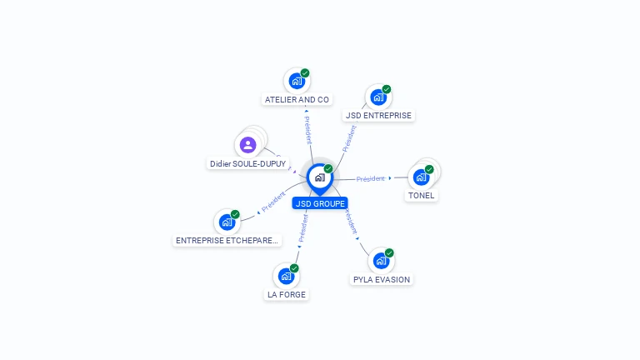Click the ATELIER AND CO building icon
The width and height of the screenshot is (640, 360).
[x=296, y=82]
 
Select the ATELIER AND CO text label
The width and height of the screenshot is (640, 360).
[x=297, y=100]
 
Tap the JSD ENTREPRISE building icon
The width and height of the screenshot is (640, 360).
[x=378, y=97]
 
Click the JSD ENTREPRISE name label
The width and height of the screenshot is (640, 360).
[x=378, y=116]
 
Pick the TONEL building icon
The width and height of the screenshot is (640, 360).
[x=421, y=177]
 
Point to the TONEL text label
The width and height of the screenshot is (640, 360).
[x=421, y=196]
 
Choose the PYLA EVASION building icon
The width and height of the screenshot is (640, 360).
[x=381, y=261]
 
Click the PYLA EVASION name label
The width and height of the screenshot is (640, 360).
[x=382, y=280]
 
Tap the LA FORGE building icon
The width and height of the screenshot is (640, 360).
[x=286, y=276]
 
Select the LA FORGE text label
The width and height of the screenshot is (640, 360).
[x=286, y=295]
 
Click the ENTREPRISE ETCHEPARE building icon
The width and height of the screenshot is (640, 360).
[x=227, y=222]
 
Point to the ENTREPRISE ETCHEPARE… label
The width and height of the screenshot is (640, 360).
[x=227, y=241]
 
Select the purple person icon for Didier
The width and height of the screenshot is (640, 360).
[x=247, y=145]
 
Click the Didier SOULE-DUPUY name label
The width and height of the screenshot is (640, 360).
[x=247, y=164]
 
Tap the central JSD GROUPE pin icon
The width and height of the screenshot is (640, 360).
[x=319, y=177]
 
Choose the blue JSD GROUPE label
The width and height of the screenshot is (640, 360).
[x=320, y=203]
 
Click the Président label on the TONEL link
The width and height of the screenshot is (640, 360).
[x=371, y=178]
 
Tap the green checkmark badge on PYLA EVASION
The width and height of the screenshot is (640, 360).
[x=389, y=252]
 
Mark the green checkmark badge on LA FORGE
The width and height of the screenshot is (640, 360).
[x=294, y=268]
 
